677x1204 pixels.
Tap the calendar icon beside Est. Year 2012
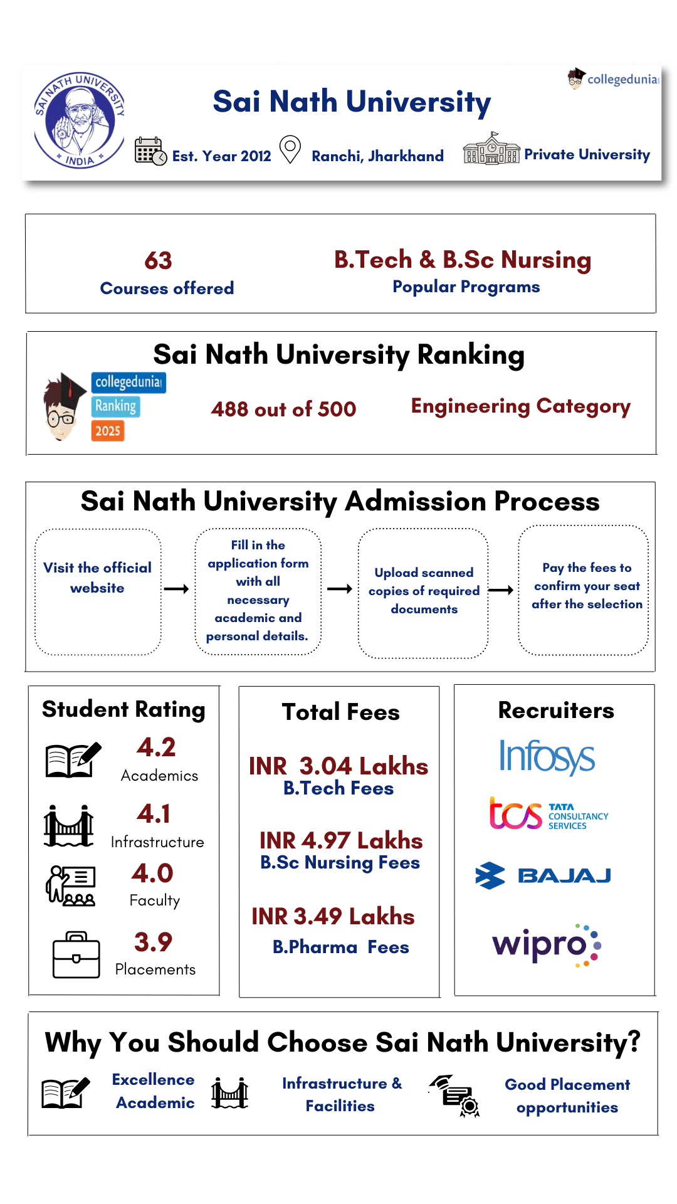pos(150,151)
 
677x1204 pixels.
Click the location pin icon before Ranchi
pos(290,150)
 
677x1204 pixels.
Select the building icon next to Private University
pos(491,149)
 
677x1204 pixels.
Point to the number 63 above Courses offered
pos(158,261)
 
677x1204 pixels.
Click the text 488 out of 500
pos(283,409)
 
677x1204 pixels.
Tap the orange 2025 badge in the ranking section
pos(108,431)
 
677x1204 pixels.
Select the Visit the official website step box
pos(98,591)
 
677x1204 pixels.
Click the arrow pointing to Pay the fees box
pos(501,590)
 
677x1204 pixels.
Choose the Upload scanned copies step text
pos(424,591)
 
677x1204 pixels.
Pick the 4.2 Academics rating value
pos(156,747)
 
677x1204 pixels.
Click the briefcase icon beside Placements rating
pos(76,955)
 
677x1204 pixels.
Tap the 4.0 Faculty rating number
pos(152,874)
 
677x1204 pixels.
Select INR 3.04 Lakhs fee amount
pos(338,766)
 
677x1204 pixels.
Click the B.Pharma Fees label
pos(340,947)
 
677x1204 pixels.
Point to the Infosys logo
pos(547,757)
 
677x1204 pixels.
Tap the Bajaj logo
pos(543,875)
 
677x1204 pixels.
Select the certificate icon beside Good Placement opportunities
pos(456,1096)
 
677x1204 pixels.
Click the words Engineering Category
pos(520,406)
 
